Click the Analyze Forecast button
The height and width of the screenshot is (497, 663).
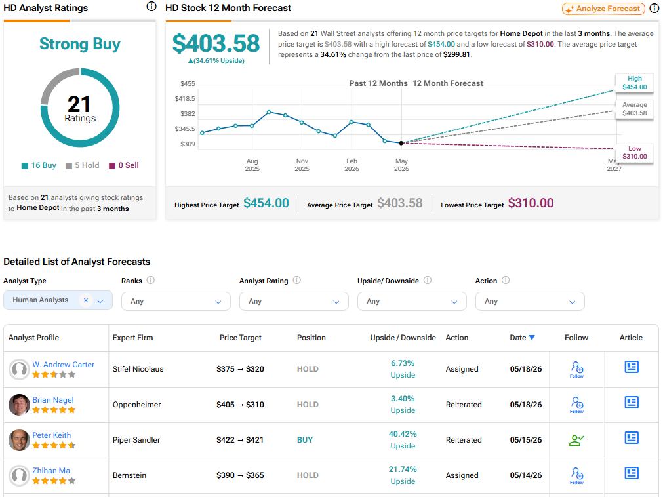[x=603, y=9]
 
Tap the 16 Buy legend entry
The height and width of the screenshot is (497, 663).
[x=39, y=165]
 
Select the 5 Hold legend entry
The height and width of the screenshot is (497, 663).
[x=83, y=165]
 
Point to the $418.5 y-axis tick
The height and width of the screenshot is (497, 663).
[x=185, y=98]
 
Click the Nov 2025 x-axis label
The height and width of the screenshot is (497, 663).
[x=302, y=165]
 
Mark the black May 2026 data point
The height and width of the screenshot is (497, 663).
[x=401, y=143]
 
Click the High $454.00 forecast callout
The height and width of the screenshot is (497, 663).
[x=634, y=83]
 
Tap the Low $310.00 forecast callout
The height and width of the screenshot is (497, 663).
[x=634, y=153]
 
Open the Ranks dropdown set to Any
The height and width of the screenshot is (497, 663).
[x=176, y=302]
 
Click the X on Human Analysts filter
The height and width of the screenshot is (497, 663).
[x=86, y=300]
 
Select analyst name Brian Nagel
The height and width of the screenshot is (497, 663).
[x=53, y=400]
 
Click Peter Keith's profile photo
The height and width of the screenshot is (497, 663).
[x=19, y=440]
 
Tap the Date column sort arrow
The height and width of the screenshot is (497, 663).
[x=532, y=337]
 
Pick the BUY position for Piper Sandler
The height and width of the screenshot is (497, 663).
[x=305, y=440]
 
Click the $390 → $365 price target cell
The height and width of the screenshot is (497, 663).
[x=240, y=475]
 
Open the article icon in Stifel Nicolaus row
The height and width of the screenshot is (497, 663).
[x=632, y=367]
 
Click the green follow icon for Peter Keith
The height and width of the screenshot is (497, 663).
[x=576, y=440]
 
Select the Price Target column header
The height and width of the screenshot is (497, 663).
[x=240, y=338]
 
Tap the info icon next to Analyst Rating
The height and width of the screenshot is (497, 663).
[x=297, y=280]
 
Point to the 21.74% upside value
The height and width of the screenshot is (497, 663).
[x=403, y=469]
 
